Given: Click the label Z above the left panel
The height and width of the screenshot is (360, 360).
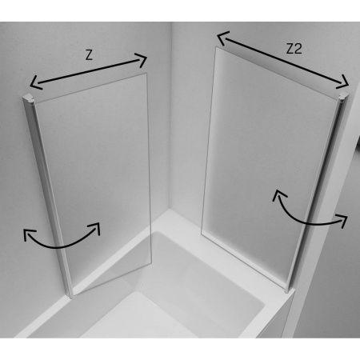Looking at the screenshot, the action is click(x=89, y=54).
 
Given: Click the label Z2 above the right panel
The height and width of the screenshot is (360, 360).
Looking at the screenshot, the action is click(x=294, y=49).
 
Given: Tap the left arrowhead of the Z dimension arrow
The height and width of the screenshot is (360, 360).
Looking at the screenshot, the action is click(x=35, y=82).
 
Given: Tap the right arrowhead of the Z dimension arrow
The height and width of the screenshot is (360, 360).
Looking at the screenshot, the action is click(x=142, y=59).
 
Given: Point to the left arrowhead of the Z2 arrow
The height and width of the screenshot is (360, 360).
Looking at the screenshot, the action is click(x=222, y=38).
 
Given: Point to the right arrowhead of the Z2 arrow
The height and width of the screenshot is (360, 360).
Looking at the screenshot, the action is click(x=343, y=82).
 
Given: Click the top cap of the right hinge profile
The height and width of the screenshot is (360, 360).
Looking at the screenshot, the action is click(x=343, y=95).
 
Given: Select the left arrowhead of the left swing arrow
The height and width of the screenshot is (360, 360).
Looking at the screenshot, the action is click(x=29, y=234).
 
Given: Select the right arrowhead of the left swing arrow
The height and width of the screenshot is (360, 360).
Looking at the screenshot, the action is click(x=94, y=228).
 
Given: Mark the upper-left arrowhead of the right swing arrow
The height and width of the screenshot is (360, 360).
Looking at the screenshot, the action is click(x=278, y=194).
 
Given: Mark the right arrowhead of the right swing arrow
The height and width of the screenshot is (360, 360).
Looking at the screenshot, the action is click(x=342, y=219).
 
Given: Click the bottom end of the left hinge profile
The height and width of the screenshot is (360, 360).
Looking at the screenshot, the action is click(x=71, y=295).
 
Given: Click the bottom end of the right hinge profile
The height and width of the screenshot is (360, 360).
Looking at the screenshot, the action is click(x=287, y=290).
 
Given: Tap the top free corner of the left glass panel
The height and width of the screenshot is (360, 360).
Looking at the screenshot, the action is click(x=147, y=73).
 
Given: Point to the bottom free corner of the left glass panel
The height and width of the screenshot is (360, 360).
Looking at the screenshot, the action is click(x=151, y=266).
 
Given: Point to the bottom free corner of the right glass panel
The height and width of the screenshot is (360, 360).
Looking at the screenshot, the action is click(x=202, y=234).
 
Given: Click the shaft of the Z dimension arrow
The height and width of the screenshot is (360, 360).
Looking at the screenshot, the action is click(x=88, y=71).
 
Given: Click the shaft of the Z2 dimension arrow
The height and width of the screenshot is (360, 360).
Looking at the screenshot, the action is click(x=282, y=59).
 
